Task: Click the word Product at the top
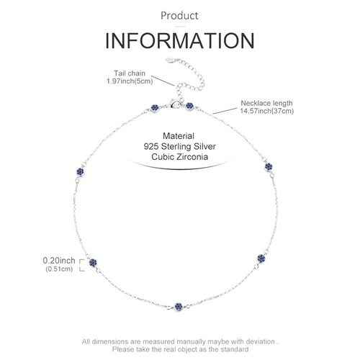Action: tap(179, 16)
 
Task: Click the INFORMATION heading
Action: tap(180, 41)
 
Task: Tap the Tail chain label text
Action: tap(130, 73)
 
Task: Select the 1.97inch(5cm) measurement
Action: tap(130, 81)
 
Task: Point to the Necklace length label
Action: tap(266, 104)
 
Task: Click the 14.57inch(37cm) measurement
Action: tap(267, 111)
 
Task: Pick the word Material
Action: tap(179, 136)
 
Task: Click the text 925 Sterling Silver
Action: tap(179, 146)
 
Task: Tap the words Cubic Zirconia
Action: tap(179, 157)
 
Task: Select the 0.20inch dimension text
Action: tap(59, 261)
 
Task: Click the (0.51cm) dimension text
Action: tap(59, 269)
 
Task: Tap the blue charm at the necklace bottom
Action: tap(179, 306)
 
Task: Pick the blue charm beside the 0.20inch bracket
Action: tap(93, 263)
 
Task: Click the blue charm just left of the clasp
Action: tap(155, 108)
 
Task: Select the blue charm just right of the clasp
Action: tap(189, 106)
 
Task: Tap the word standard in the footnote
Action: tap(234, 349)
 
